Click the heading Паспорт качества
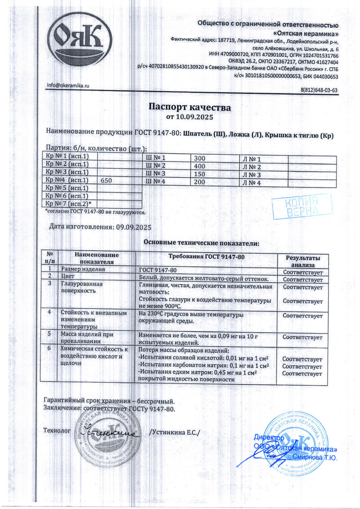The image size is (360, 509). [189, 108]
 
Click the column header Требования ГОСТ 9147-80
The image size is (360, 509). [205, 256]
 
